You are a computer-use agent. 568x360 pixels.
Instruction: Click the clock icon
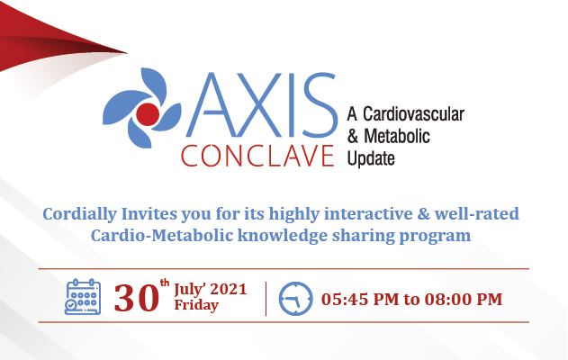pyautogui.click(x=294, y=299)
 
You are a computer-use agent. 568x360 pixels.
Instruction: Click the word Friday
pyautogui.click(x=195, y=306)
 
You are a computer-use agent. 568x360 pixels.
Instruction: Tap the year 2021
pyautogui.click(x=227, y=290)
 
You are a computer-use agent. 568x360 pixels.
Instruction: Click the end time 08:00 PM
pyautogui.click(x=464, y=299)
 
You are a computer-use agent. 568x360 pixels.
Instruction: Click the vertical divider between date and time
pyautogui.click(x=266, y=299)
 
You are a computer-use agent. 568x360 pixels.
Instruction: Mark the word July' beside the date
pyautogui.click(x=191, y=290)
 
